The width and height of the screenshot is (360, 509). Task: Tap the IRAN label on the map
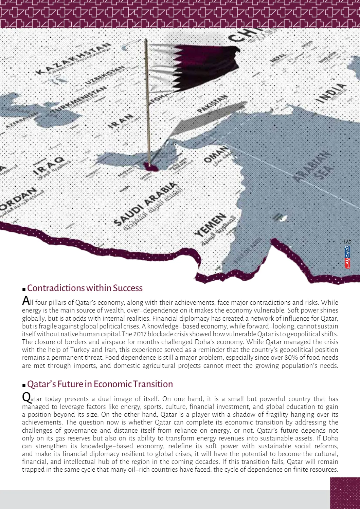[x=121, y=121]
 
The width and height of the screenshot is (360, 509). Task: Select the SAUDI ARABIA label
[x=145, y=203]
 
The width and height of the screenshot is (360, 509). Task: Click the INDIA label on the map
[x=331, y=92]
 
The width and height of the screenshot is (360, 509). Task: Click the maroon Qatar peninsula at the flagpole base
[x=150, y=166]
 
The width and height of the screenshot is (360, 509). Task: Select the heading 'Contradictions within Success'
[x=85, y=288]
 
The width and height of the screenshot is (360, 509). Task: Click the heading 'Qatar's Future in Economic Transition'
[x=100, y=384]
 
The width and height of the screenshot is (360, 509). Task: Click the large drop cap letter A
[x=26, y=301]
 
